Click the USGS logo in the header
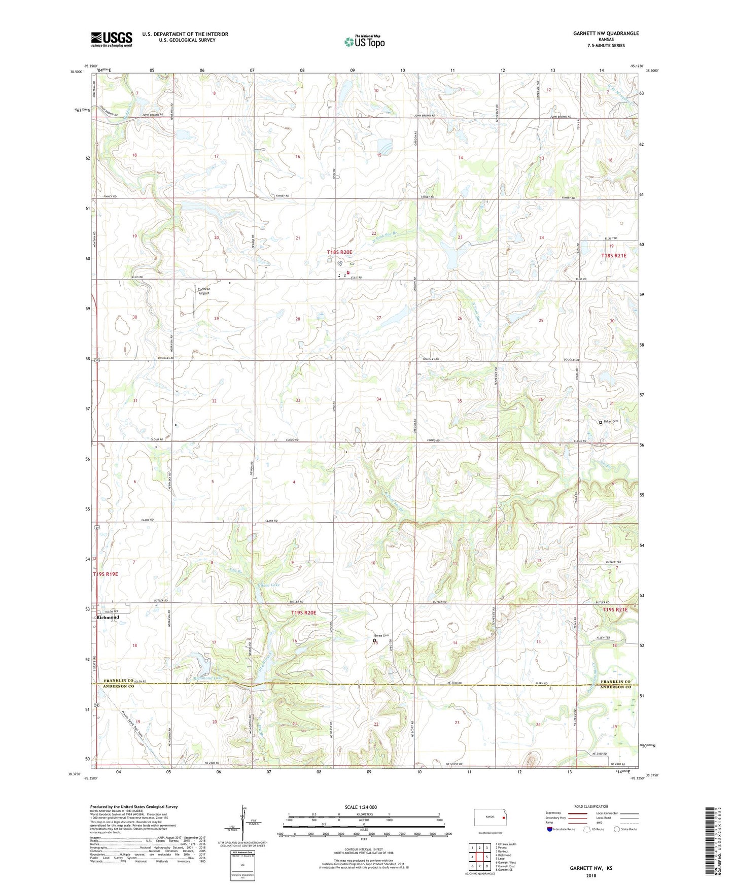(x=112, y=39)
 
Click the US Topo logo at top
(x=364, y=42)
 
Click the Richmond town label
(x=108, y=618)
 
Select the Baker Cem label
(x=611, y=422)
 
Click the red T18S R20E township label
(x=346, y=252)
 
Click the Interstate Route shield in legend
(x=550, y=829)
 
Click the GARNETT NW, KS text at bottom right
(x=590, y=868)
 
